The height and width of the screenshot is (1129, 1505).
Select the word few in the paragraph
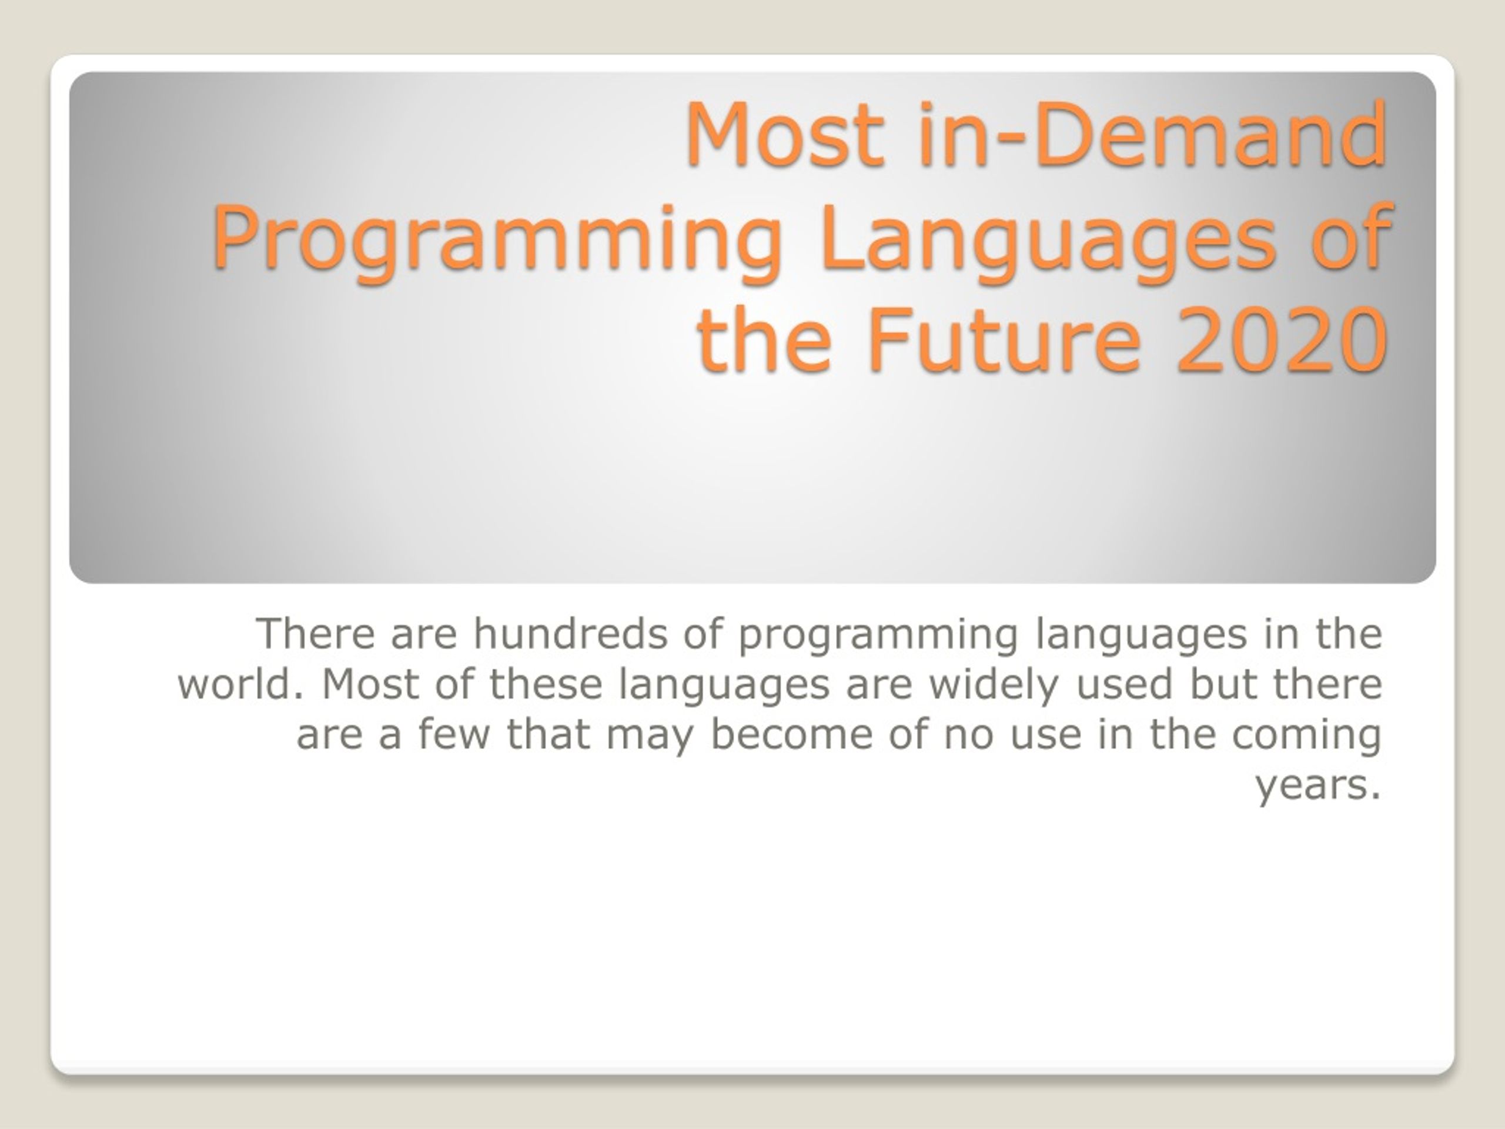(x=454, y=734)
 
